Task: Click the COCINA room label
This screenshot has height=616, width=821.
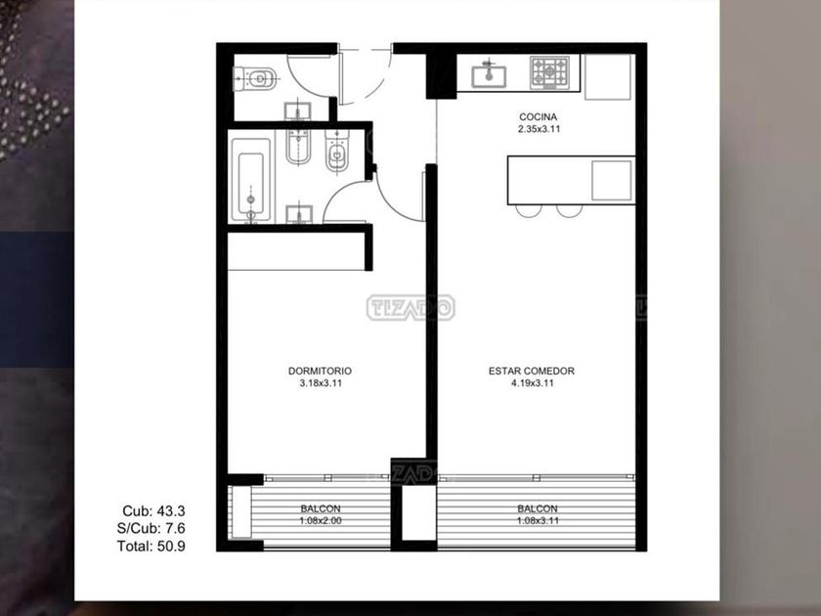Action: pos(538,116)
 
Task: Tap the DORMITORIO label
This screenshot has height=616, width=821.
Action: pos(320,371)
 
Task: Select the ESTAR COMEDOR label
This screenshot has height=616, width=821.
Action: pos(532,371)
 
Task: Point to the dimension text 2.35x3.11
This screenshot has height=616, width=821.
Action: pos(539,129)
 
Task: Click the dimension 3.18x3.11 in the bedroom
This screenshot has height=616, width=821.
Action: pos(321,383)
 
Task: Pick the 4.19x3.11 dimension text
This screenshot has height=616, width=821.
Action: pos(533,383)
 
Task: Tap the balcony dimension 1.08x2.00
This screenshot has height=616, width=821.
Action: pos(321,520)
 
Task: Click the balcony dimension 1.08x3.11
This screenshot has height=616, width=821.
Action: pos(538,520)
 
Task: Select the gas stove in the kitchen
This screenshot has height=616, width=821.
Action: pos(549,72)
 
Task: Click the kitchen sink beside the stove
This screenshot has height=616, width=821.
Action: pos(489,76)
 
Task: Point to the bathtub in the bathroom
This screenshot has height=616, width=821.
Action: pos(251,180)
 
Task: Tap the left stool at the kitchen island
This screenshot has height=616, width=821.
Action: pos(529,210)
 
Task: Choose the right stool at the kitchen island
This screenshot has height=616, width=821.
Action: pos(570,210)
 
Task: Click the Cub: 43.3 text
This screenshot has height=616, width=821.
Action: pos(154,510)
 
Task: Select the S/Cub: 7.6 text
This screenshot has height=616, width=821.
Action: pos(151,528)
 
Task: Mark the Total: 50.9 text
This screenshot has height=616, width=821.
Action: pos(151,547)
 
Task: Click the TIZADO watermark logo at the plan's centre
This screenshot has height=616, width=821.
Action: pos(410,307)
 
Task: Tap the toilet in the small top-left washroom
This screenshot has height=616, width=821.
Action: pos(254,78)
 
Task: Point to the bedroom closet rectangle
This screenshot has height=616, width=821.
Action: pos(296,251)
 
